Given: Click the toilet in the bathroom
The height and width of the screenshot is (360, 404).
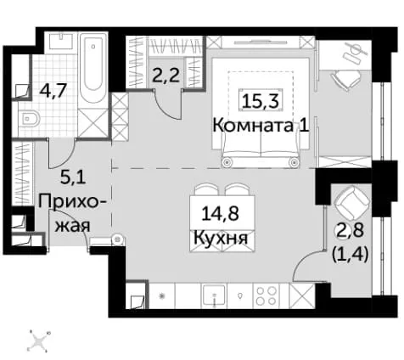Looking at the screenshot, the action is click(x=29, y=119).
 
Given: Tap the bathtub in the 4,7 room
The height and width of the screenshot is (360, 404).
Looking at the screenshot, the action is click(x=93, y=70).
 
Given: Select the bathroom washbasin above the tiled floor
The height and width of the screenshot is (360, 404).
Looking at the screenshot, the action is click(x=61, y=42).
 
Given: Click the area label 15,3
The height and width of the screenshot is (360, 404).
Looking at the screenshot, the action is click(x=261, y=102).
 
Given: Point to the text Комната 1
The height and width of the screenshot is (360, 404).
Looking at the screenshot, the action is click(x=261, y=126).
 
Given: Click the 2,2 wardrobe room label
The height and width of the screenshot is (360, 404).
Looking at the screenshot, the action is click(x=166, y=76).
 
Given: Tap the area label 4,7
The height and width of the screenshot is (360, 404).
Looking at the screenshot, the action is click(x=53, y=91).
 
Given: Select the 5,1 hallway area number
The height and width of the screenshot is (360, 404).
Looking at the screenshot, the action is click(x=72, y=178).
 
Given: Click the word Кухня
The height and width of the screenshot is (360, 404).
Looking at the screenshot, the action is click(x=221, y=238).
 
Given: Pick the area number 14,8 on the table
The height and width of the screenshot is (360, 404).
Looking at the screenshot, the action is click(x=220, y=213).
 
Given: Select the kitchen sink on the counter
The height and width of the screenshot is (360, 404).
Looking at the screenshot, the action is click(x=214, y=295).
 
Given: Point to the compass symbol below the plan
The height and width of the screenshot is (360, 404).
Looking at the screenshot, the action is click(x=38, y=341).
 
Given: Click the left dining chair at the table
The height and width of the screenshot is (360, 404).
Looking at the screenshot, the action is click(x=205, y=189).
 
